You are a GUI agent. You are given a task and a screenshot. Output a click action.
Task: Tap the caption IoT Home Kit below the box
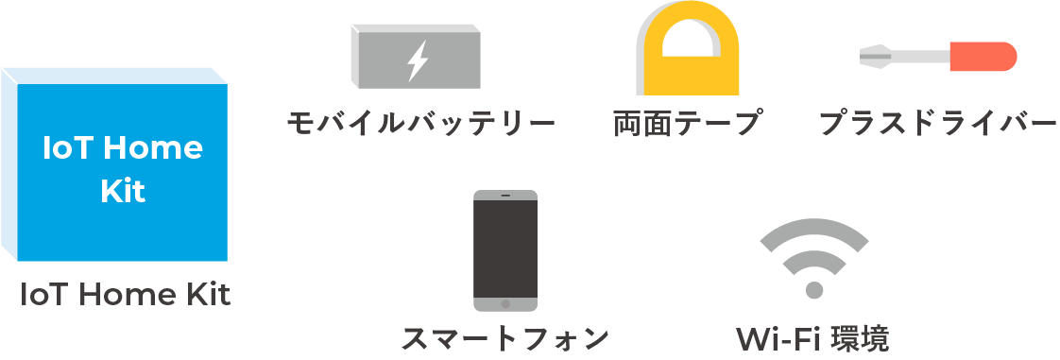click(x=126, y=296)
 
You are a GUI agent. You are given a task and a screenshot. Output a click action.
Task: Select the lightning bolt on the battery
click(x=416, y=60)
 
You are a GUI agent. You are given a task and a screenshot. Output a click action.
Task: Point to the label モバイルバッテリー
click(x=420, y=124)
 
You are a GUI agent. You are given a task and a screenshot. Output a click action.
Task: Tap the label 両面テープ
click(x=687, y=124)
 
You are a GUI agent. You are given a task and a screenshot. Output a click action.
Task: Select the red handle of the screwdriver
click(x=983, y=58)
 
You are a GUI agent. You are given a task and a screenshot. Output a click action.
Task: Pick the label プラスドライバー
click(x=937, y=124)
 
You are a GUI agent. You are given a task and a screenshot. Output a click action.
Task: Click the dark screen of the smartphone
click(x=505, y=246)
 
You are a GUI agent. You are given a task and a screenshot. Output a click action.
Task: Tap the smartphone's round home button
click(x=505, y=304)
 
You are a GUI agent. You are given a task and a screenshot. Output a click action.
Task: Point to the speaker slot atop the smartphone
click(x=505, y=197)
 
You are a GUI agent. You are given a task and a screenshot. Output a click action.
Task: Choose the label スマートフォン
click(x=504, y=338)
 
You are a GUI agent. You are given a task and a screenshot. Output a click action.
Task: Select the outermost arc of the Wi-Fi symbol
click(x=814, y=229)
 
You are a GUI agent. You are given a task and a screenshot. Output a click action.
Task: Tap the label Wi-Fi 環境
click(x=812, y=338)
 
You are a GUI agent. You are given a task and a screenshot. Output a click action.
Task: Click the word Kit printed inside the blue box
click(x=123, y=192)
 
